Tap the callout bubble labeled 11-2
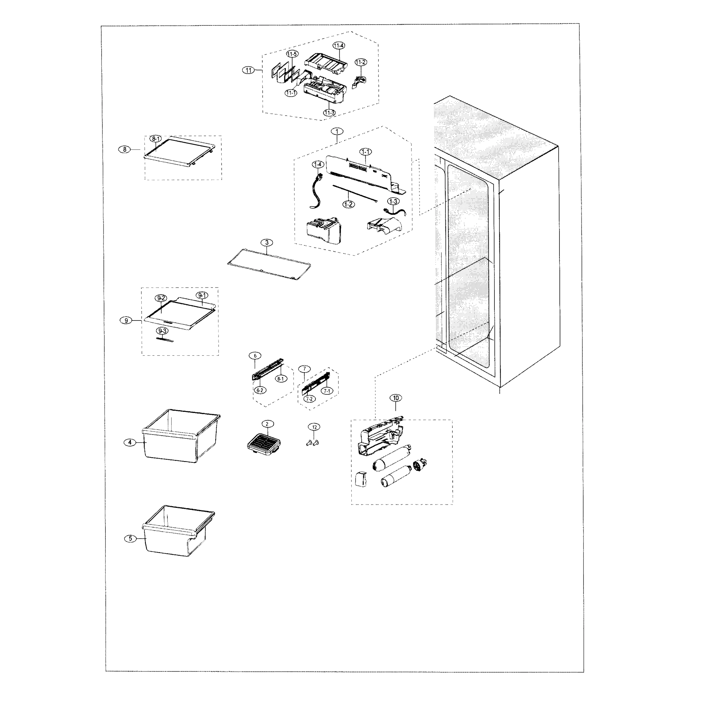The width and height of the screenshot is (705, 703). point(360,62)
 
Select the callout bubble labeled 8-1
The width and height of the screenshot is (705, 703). point(155,139)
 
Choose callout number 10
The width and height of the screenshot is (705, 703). point(396,398)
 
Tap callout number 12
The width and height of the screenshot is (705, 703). point(314,427)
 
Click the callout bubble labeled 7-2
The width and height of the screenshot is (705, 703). point(309,399)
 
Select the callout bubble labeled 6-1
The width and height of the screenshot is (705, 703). point(280,379)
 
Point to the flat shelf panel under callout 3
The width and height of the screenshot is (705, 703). point(269,265)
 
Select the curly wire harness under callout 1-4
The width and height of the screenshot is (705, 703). point(316,192)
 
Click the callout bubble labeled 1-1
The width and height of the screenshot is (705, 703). point(365,151)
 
